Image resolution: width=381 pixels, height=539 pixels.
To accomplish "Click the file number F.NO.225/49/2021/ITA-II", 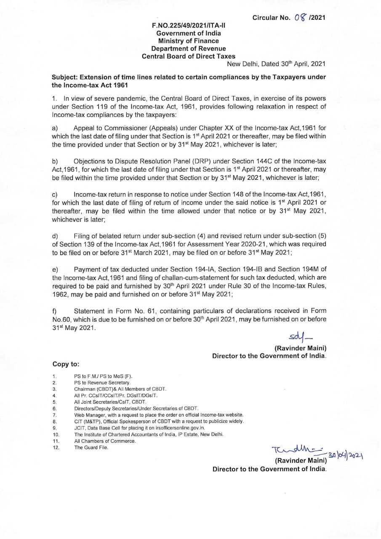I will click(x=188, y=26).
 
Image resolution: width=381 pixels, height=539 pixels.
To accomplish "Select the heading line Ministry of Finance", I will click(x=188, y=41).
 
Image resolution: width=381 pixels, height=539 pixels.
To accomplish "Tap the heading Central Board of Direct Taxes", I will click(x=188, y=56).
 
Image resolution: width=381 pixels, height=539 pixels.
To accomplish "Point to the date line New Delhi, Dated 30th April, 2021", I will click(x=276, y=64).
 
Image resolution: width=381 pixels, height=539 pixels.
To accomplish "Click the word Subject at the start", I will click(x=64, y=78).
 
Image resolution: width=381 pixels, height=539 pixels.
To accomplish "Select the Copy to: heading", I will click(x=66, y=364).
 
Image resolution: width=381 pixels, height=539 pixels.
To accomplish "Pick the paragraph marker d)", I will click(x=54, y=237).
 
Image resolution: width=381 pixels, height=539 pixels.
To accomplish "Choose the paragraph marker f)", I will click(x=54, y=311).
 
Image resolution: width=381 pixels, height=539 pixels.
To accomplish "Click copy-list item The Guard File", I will click(x=91, y=447).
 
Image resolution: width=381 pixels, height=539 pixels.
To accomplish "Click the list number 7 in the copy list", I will click(x=54, y=415).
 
